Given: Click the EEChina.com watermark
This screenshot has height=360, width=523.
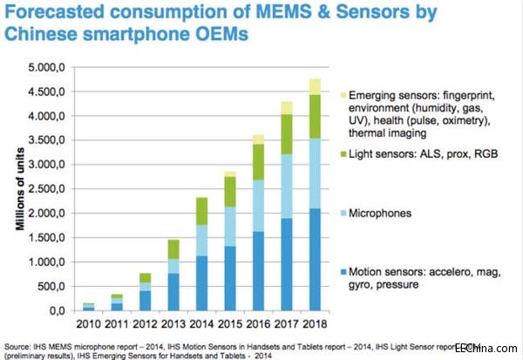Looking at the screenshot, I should (490, 346).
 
